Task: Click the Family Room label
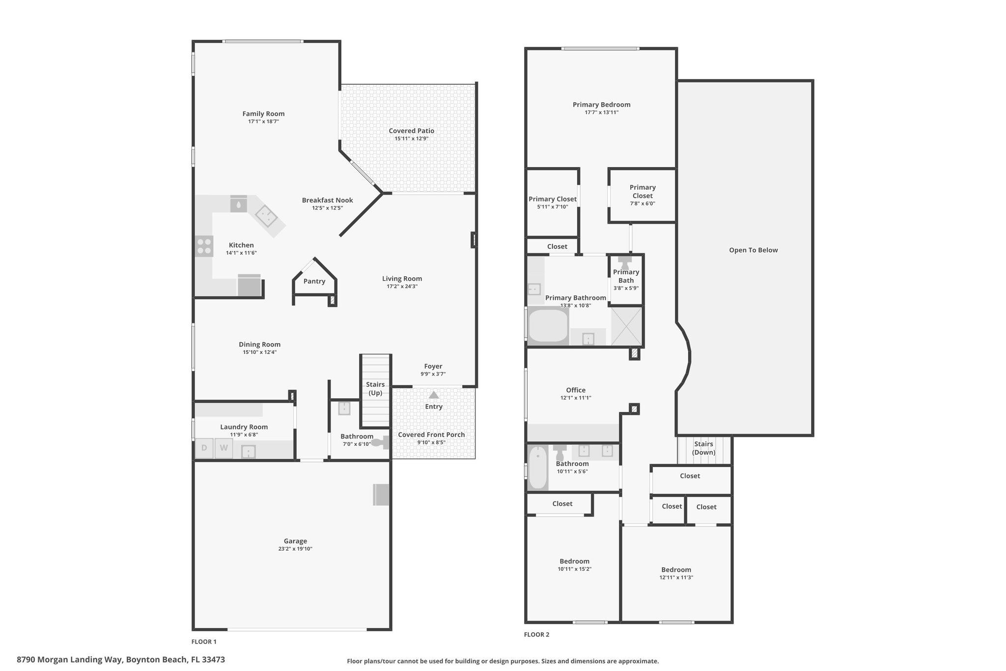[263, 114]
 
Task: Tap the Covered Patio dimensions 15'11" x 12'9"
[412, 139]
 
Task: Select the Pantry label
[314, 281]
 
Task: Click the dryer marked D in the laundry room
[204, 448]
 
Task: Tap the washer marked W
[224, 448]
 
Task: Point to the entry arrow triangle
[433, 395]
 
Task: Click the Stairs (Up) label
[375, 388]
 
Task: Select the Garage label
[295, 541]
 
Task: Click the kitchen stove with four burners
[204, 246]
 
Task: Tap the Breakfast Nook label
[327, 200]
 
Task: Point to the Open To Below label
[753, 250]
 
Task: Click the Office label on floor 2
[576, 390]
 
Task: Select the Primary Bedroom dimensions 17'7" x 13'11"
[601, 113]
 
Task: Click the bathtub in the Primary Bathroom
[548, 325]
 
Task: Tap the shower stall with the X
[626, 325]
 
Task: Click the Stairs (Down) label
[704, 448]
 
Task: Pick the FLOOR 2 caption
[536, 634]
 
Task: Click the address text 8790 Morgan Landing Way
[70, 659]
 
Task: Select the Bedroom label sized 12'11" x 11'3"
[676, 570]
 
